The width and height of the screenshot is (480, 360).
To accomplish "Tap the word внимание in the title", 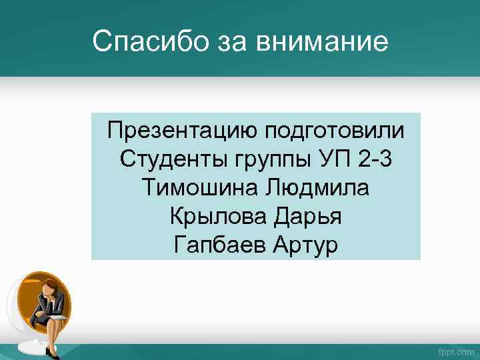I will (323, 41).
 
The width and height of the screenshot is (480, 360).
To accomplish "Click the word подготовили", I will (335, 129).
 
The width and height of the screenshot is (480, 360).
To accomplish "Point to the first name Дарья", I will (309, 217).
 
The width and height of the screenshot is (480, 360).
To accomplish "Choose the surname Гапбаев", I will (219, 245).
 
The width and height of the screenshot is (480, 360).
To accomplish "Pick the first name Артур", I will (306, 245).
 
